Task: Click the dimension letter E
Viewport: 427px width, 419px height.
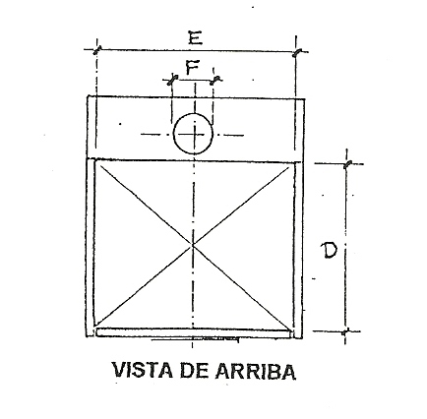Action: [x=195, y=37]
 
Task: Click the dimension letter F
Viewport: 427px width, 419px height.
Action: [x=193, y=68]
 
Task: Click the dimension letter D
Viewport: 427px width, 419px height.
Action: [x=329, y=251]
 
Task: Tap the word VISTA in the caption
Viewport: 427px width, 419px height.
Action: [x=143, y=371]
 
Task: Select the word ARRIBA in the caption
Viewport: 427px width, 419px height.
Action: [x=256, y=371]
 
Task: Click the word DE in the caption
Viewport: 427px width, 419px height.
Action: [x=194, y=371]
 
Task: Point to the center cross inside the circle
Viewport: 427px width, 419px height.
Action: [x=194, y=135]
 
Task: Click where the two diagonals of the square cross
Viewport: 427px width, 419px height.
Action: [x=193, y=245]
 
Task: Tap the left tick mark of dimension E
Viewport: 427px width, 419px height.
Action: [x=96, y=50]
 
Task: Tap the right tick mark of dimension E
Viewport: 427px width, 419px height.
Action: [x=297, y=52]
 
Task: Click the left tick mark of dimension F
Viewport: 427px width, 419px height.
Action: [x=172, y=80]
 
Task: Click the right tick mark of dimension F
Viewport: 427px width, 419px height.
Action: [x=215, y=80]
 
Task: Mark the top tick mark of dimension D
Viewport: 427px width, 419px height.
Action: [x=347, y=163]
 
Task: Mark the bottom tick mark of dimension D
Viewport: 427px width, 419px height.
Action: [x=345, y=331]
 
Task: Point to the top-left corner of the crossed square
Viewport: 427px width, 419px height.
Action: [x=94, y=161]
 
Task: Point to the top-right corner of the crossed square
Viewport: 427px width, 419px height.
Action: [x=294, y=162]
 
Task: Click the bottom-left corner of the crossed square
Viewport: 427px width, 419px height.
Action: [x=94, y=328]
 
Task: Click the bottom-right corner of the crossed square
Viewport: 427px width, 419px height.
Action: [x=292, y=329]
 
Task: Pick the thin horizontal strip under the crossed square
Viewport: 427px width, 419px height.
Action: [x=194, y=332]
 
